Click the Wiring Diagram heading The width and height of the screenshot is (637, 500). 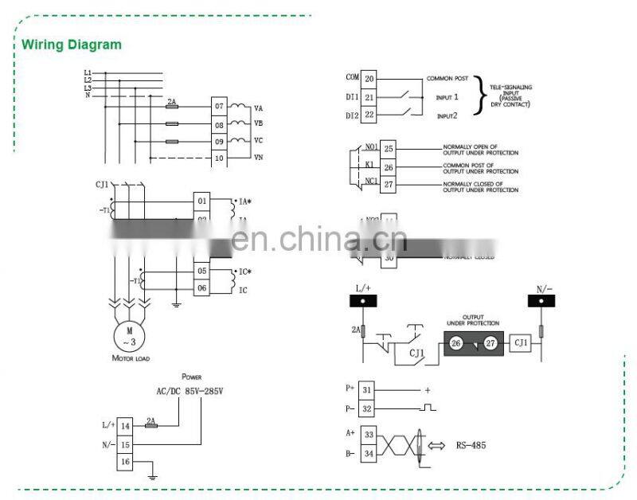point(71,45)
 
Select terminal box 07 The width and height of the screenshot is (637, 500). point(219,106)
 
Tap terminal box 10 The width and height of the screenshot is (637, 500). point(219,158)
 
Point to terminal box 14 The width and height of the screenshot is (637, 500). point(125,427)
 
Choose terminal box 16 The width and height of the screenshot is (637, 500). point(125,462)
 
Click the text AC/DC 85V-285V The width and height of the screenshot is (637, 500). point(190,392)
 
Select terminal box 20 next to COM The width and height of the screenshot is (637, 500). point(369,79)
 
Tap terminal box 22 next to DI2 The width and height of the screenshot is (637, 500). point(369,115)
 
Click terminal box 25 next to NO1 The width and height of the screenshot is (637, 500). point(389,148)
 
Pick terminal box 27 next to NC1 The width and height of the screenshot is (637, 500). point(389,186)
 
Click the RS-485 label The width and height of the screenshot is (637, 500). point(471,445)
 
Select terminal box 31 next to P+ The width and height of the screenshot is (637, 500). point(367,389)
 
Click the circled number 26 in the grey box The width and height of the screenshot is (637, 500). point(455,343)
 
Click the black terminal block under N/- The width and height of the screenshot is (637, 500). point(542,303)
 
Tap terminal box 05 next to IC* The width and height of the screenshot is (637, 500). point(202,271)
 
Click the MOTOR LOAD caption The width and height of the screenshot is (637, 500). point(131,359)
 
